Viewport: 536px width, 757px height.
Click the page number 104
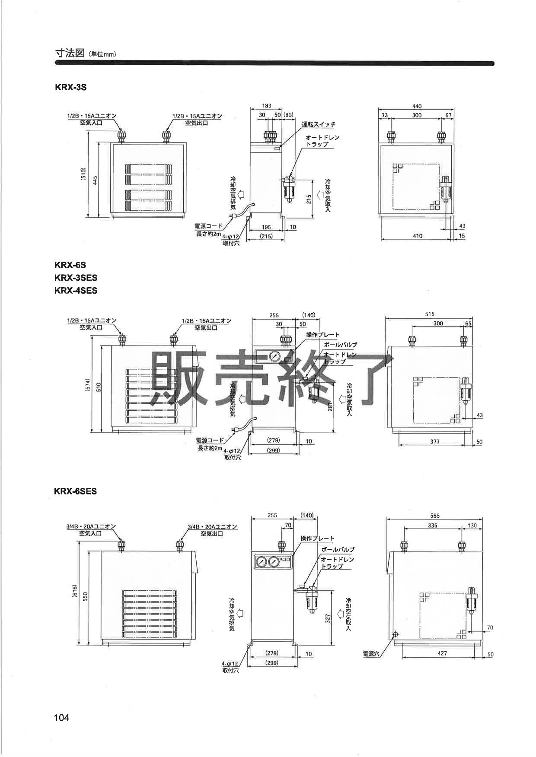coord(62,718)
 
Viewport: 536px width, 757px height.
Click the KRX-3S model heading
coord(70,87)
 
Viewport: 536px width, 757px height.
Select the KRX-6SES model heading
coord(76,491)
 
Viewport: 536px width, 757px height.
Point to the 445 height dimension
coord(95,180)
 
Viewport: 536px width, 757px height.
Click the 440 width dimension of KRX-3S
coord(417,106)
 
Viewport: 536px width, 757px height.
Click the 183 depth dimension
coord(266,106)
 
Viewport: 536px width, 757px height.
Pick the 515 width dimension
coord(429,314)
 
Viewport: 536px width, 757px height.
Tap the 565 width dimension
coord(434,516)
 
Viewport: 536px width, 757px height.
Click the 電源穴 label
coord(371,654)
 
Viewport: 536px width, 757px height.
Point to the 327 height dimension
coord(328,618)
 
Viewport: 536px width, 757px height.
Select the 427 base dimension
coord(442,653)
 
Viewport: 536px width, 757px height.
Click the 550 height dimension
coord(85,596)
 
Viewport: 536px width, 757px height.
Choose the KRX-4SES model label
coord(76,291)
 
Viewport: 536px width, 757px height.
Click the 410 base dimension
coord(418,236)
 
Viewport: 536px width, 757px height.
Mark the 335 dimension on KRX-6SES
coord(433,526)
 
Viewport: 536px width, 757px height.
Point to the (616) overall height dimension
coord(75,591)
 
